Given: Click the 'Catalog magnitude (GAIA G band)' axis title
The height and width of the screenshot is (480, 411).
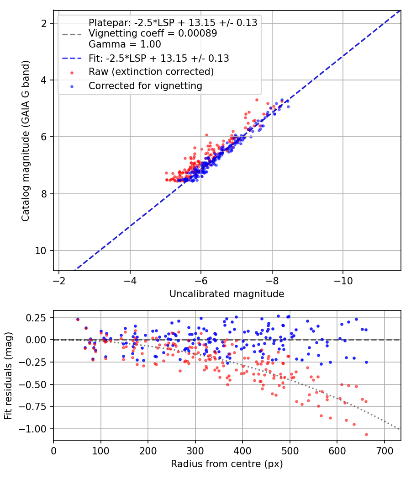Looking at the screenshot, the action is (26, 141).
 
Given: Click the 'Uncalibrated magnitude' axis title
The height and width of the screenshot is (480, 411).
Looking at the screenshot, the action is (227, 294).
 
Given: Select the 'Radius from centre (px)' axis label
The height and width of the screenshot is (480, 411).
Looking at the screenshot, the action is (227, 464).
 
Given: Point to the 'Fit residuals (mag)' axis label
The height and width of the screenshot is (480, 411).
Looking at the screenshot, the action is (8, 376).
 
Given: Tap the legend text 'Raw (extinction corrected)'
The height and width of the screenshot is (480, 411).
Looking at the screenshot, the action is (151, 72).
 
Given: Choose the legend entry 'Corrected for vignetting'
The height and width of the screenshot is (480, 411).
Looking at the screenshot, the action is (146, 86).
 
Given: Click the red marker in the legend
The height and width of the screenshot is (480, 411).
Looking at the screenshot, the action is (72, 73).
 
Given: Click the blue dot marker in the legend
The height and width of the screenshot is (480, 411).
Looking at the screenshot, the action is (72, 87).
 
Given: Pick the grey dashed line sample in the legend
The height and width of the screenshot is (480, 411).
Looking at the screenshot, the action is (72, 34).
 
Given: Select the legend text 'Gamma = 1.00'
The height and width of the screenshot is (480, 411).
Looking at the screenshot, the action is (125, 44).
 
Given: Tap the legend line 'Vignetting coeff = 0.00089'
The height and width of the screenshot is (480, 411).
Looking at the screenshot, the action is (153, 33).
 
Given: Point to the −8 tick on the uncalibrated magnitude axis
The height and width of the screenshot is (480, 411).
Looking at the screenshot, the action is (272, 281).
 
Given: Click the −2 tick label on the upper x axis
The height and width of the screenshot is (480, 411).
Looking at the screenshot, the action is (59, 281).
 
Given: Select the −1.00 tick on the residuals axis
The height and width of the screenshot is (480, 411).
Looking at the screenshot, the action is (32, 429).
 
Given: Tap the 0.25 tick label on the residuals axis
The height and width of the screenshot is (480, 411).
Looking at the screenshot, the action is (36, 318).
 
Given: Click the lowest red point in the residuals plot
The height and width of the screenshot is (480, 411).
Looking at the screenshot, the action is (366, 434).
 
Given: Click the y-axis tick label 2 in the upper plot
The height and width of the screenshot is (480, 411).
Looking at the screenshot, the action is (44, 23).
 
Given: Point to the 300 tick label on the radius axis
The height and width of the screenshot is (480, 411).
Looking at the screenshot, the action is (195, 451).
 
